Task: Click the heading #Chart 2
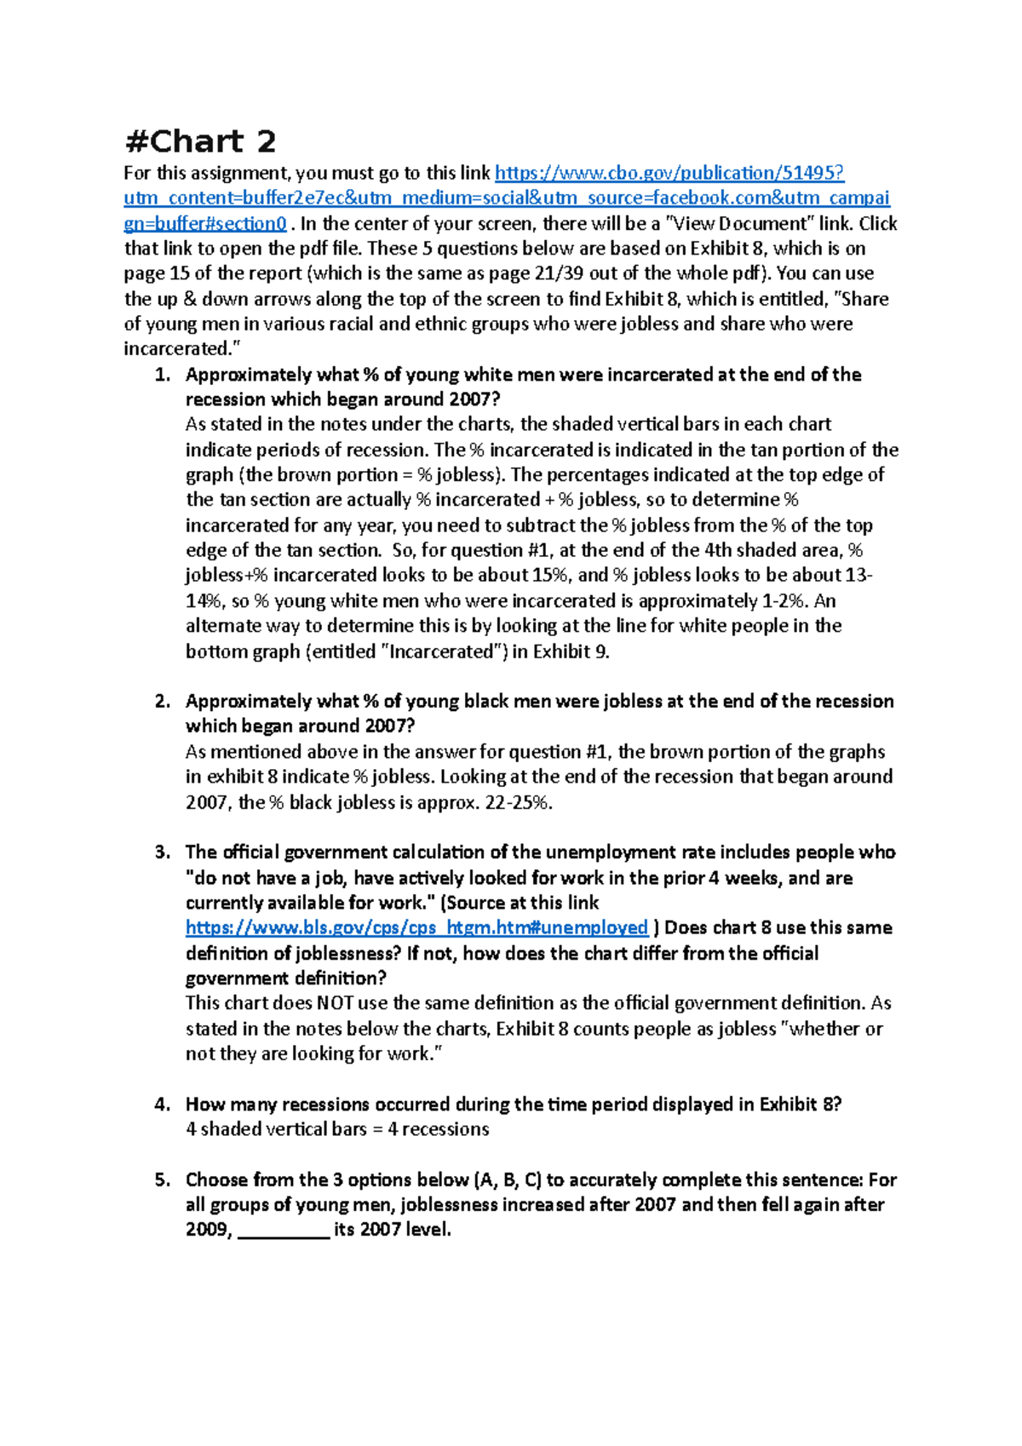[x=200, y=141]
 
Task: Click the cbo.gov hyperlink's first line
[x=669, y=174]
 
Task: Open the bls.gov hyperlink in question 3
[x=416, y=928]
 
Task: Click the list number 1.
[x=163, y=376]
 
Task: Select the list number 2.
[x=163, y=702]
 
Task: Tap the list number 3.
[x=163, y=852]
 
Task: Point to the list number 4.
[x=163, y=1105]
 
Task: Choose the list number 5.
[x=163, y=1180]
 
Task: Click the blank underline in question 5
[x=284, y=1231]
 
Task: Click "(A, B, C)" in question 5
[x=508, y=1180]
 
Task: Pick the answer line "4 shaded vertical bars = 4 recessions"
[x=337, y=1130]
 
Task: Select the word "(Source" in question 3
[x=472, y=903]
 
